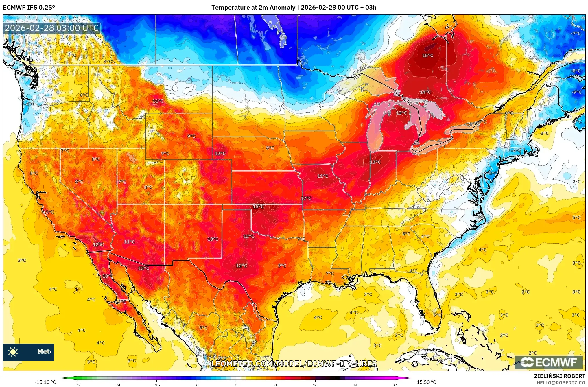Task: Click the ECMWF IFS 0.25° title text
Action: click(x=29, y=8)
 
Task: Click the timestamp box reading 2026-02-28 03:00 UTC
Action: click(x=52, y=28)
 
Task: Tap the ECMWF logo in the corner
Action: click(x=548, y=362)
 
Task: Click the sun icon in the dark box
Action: click(x=13, y=352)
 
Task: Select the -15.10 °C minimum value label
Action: click(x=45, y=382)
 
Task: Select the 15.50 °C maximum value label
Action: click(x=426, y=382)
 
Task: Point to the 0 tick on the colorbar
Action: click(x=236, y=385)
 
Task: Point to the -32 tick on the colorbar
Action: click(x=77, y=385)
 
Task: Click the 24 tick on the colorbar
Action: click(x=355, y=385)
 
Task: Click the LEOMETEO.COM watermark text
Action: click(x=294, y=364)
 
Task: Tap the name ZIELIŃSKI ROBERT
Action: click(x=559, y=376)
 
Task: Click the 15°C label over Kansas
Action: click(x=258, y=207)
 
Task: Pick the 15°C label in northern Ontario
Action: click(x=427, y=55)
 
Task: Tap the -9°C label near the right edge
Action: click(x=576, y=92)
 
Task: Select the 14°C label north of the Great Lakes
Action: click(x=425, y=92)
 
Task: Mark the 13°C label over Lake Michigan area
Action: click(x=401, y=113)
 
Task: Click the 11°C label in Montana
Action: click(x=158, y=101)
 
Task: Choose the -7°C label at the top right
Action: click(x=575, y=34)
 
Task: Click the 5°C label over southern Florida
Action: click(x=437, y=315)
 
